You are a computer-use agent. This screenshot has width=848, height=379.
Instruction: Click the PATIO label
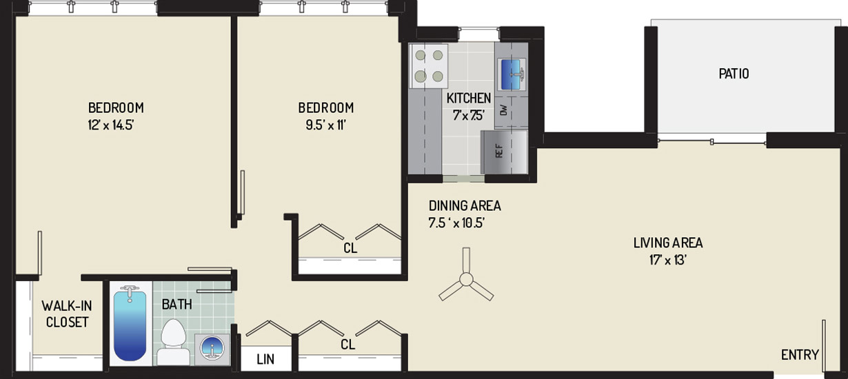[734, 73]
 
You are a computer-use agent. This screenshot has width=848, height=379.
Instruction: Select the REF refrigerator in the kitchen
[504, 152]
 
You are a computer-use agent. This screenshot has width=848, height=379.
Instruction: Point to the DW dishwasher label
[503, 110]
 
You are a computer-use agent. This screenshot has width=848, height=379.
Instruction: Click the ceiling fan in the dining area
[466, 280]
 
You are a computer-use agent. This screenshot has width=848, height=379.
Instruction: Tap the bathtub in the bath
[130, 324]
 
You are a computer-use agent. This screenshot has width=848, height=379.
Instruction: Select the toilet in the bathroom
[174, 342]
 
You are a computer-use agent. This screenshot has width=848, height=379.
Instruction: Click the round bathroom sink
[212, 349]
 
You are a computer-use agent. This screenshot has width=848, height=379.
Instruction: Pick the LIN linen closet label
[265, 359]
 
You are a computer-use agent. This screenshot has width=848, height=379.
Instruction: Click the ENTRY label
[800, 355]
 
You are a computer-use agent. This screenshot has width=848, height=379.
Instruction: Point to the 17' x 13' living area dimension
[668, 260]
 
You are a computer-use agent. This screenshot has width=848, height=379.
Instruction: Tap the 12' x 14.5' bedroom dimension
[111, 125]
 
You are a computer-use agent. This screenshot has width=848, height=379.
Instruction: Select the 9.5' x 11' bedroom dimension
[326, 125]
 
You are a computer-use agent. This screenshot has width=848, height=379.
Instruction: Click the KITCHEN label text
[469, 99]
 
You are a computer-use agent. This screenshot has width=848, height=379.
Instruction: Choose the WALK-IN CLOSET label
[67, 314]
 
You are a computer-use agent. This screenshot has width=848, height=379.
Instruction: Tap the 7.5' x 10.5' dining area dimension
[457, 223]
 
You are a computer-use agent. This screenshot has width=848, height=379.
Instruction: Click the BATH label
[176, 304]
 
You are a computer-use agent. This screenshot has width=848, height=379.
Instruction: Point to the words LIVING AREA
[668, 243]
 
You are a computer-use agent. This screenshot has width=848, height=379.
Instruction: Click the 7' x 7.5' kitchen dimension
[469, 115]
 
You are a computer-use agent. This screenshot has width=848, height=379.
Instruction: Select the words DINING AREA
[465, 206]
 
